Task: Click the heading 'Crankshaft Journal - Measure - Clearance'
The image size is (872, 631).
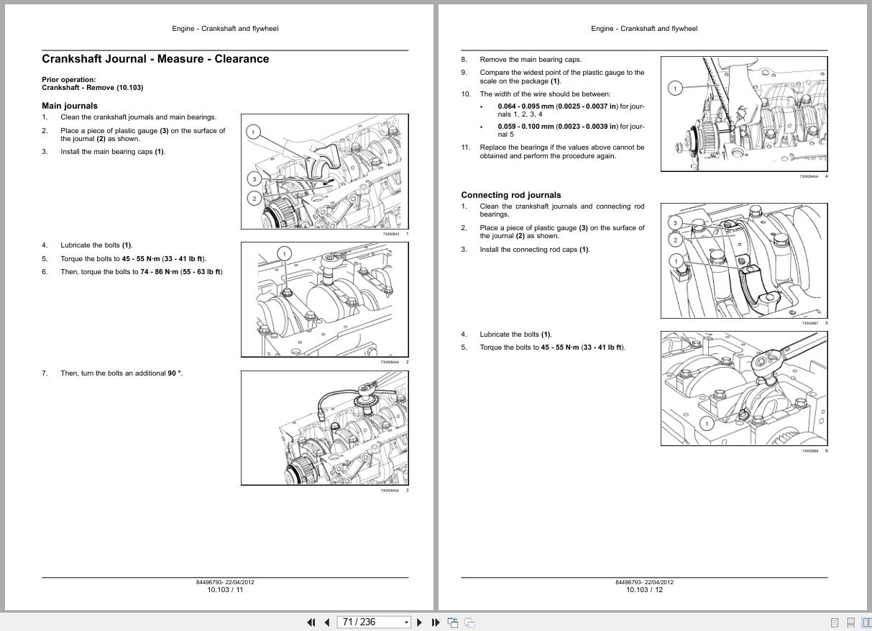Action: point(155,59)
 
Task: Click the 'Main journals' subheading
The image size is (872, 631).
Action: point(70,106)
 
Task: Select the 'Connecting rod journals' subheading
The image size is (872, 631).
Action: point(510,195)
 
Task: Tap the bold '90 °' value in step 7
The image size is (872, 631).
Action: point(175,373)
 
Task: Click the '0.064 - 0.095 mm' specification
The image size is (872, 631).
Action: point(526,106)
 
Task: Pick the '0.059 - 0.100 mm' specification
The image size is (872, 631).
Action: point(526,127)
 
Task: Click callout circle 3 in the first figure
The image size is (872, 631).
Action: point(253,178)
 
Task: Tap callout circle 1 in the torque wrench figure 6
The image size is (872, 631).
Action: point(706,424)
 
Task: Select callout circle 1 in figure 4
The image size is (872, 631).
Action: point(674,88)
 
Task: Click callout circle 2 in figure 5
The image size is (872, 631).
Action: point(675,240)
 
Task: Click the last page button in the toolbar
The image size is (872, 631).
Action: point(436,622)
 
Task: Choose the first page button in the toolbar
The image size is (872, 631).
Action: point(311,622)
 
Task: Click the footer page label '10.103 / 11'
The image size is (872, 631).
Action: point(225,590)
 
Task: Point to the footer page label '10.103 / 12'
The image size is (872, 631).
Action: point(644,590)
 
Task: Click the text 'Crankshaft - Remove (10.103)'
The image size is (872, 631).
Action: point(92,88)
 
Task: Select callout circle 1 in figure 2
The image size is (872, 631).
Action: point(285,253)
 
